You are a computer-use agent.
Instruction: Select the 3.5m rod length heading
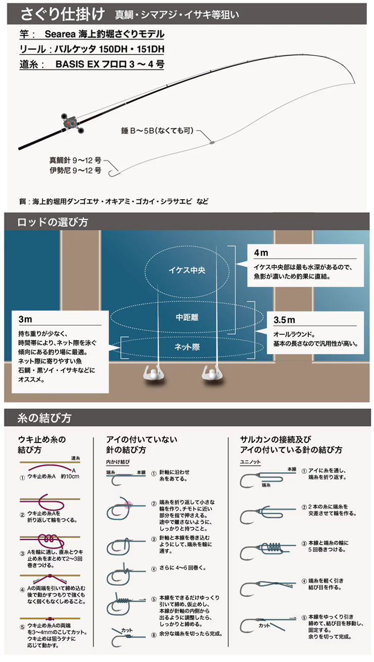click(284, 320)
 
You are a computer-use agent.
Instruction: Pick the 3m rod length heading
click(25, 319)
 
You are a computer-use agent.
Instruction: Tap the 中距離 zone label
click(186, 318)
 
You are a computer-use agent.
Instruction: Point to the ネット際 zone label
click(186, 347)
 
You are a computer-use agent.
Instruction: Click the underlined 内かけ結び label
click(118, 462)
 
